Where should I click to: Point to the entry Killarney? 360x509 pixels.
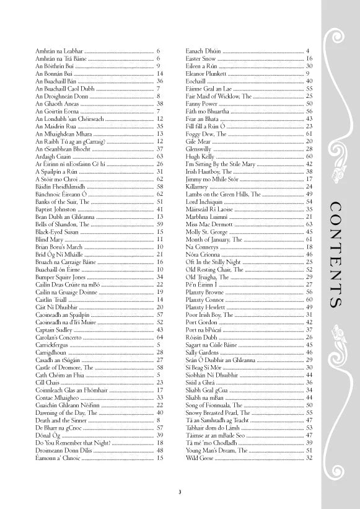tap(197, 186)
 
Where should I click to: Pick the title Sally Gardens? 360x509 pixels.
tap(201, 352)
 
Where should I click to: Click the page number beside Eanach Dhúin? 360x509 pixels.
tap(308, 50)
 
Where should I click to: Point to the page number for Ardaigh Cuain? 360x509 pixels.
tap(160, 156)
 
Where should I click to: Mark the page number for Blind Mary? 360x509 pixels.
tap(160, 239)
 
